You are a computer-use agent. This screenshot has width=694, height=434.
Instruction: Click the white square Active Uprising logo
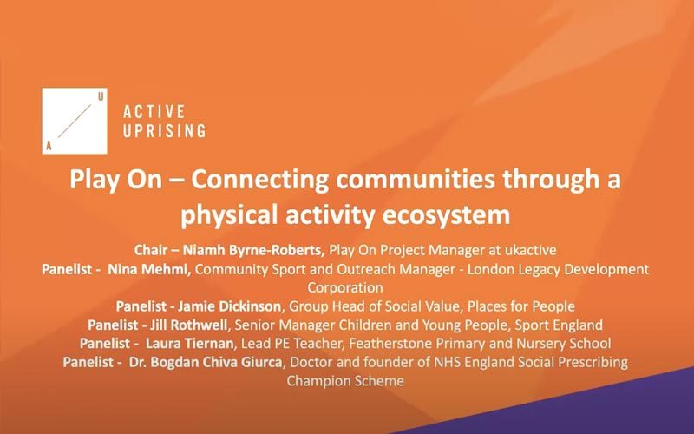(x=75, y=121)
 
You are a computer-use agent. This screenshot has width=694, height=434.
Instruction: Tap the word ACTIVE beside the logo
(x=154, y=112)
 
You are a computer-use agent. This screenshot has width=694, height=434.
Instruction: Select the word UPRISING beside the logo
(x=164, y=131)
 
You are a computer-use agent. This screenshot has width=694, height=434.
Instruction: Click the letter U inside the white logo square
(x=101, y=96)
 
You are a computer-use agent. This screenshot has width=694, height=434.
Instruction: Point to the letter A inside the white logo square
(x=49, y=146)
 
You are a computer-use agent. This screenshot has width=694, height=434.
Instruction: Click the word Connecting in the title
(x=259, y=180)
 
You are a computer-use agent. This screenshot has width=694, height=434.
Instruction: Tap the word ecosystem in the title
(x=446, y=214)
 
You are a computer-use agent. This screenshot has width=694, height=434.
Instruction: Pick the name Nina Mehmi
(x=149, y=269)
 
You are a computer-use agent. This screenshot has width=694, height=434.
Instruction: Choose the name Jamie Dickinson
(x=229, y=306)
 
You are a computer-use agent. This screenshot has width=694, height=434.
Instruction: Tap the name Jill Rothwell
(x=189, y=325)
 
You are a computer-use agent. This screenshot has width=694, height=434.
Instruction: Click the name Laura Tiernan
(x=189, y=344)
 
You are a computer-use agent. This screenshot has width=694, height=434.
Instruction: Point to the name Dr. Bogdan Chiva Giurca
(x=206, y=362)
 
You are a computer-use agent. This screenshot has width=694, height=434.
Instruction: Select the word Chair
(x=150, y=250)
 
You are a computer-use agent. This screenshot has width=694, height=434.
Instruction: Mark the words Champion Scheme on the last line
(x=345, y=381)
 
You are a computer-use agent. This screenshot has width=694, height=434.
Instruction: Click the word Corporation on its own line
(x=345, y=288)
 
